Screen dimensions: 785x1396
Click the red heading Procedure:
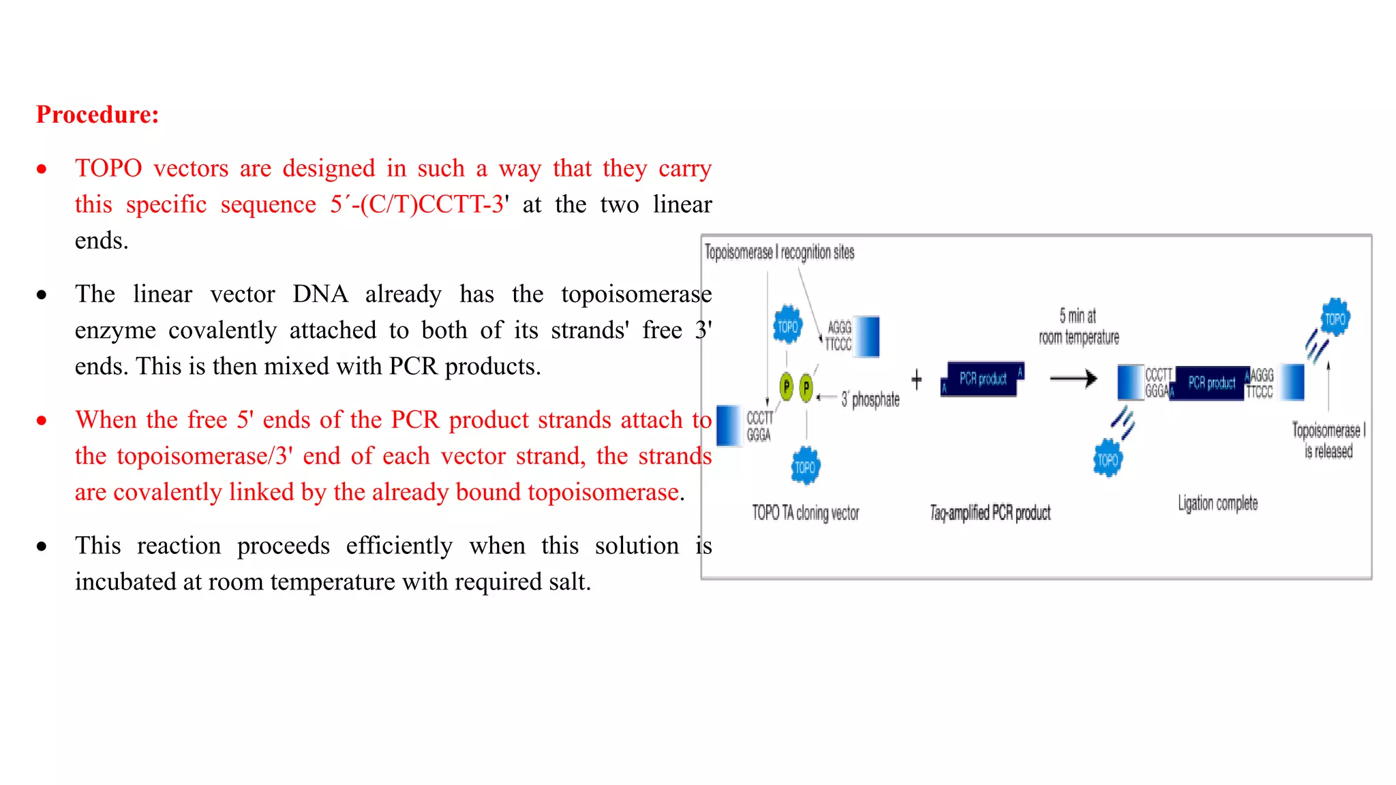pyautogui.click(x=97, y=114)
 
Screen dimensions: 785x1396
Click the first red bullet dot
pyautogui.click(x=42, y=169)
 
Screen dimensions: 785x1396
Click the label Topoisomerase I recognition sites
pyautogui.click(x=779, y=252)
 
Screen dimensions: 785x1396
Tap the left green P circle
pyautogui.click(x=786, y=387)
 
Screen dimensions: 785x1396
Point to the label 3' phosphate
pyautogui.click(x=870, y=399)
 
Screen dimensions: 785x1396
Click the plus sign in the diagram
pyautogui.click(x=916, y=380)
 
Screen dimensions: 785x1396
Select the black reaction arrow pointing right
pyautogui.click(x=1073, y=378)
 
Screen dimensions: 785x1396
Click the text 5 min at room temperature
pyautogui.click(x=1078, y=326)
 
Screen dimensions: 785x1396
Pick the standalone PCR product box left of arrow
pyautogui.click(x=982, y=379)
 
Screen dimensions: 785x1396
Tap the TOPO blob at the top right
pyautogui.click(x=1335, y=318)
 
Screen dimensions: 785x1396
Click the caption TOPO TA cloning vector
pyautogui.click(x=805, y=512)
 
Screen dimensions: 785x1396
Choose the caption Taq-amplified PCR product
pyautogui.click(x=990, y=512)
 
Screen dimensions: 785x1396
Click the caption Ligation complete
pyautogui.click(x=1217, y=504)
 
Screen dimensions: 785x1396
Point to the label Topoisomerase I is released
pyautogui.click(x=1328, y=440)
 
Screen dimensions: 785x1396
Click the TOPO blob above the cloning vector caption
pyautogui.click(x=805, y=467)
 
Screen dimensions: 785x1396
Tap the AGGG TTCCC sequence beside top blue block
pyautogui.click(x=838, y=336)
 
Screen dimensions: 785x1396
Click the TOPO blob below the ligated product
pyautogui.click(x=1107, y=459)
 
